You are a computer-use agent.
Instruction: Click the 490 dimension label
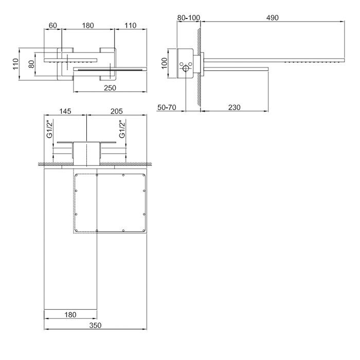tap(272, 17)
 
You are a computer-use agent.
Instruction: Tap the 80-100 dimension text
tap(189, 17)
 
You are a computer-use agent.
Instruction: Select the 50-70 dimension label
tap(167, 107)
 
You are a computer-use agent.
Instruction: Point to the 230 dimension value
tap(234, 107)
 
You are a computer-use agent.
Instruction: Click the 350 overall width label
tap(95, 326)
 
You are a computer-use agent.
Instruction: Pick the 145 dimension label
tap(65, 112)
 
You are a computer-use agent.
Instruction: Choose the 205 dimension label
tap(117, 112)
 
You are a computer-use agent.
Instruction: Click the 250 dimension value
tap(110, 88)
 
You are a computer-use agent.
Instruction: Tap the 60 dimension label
tap(53, 26)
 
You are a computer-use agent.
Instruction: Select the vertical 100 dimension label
tap(165, 63)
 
